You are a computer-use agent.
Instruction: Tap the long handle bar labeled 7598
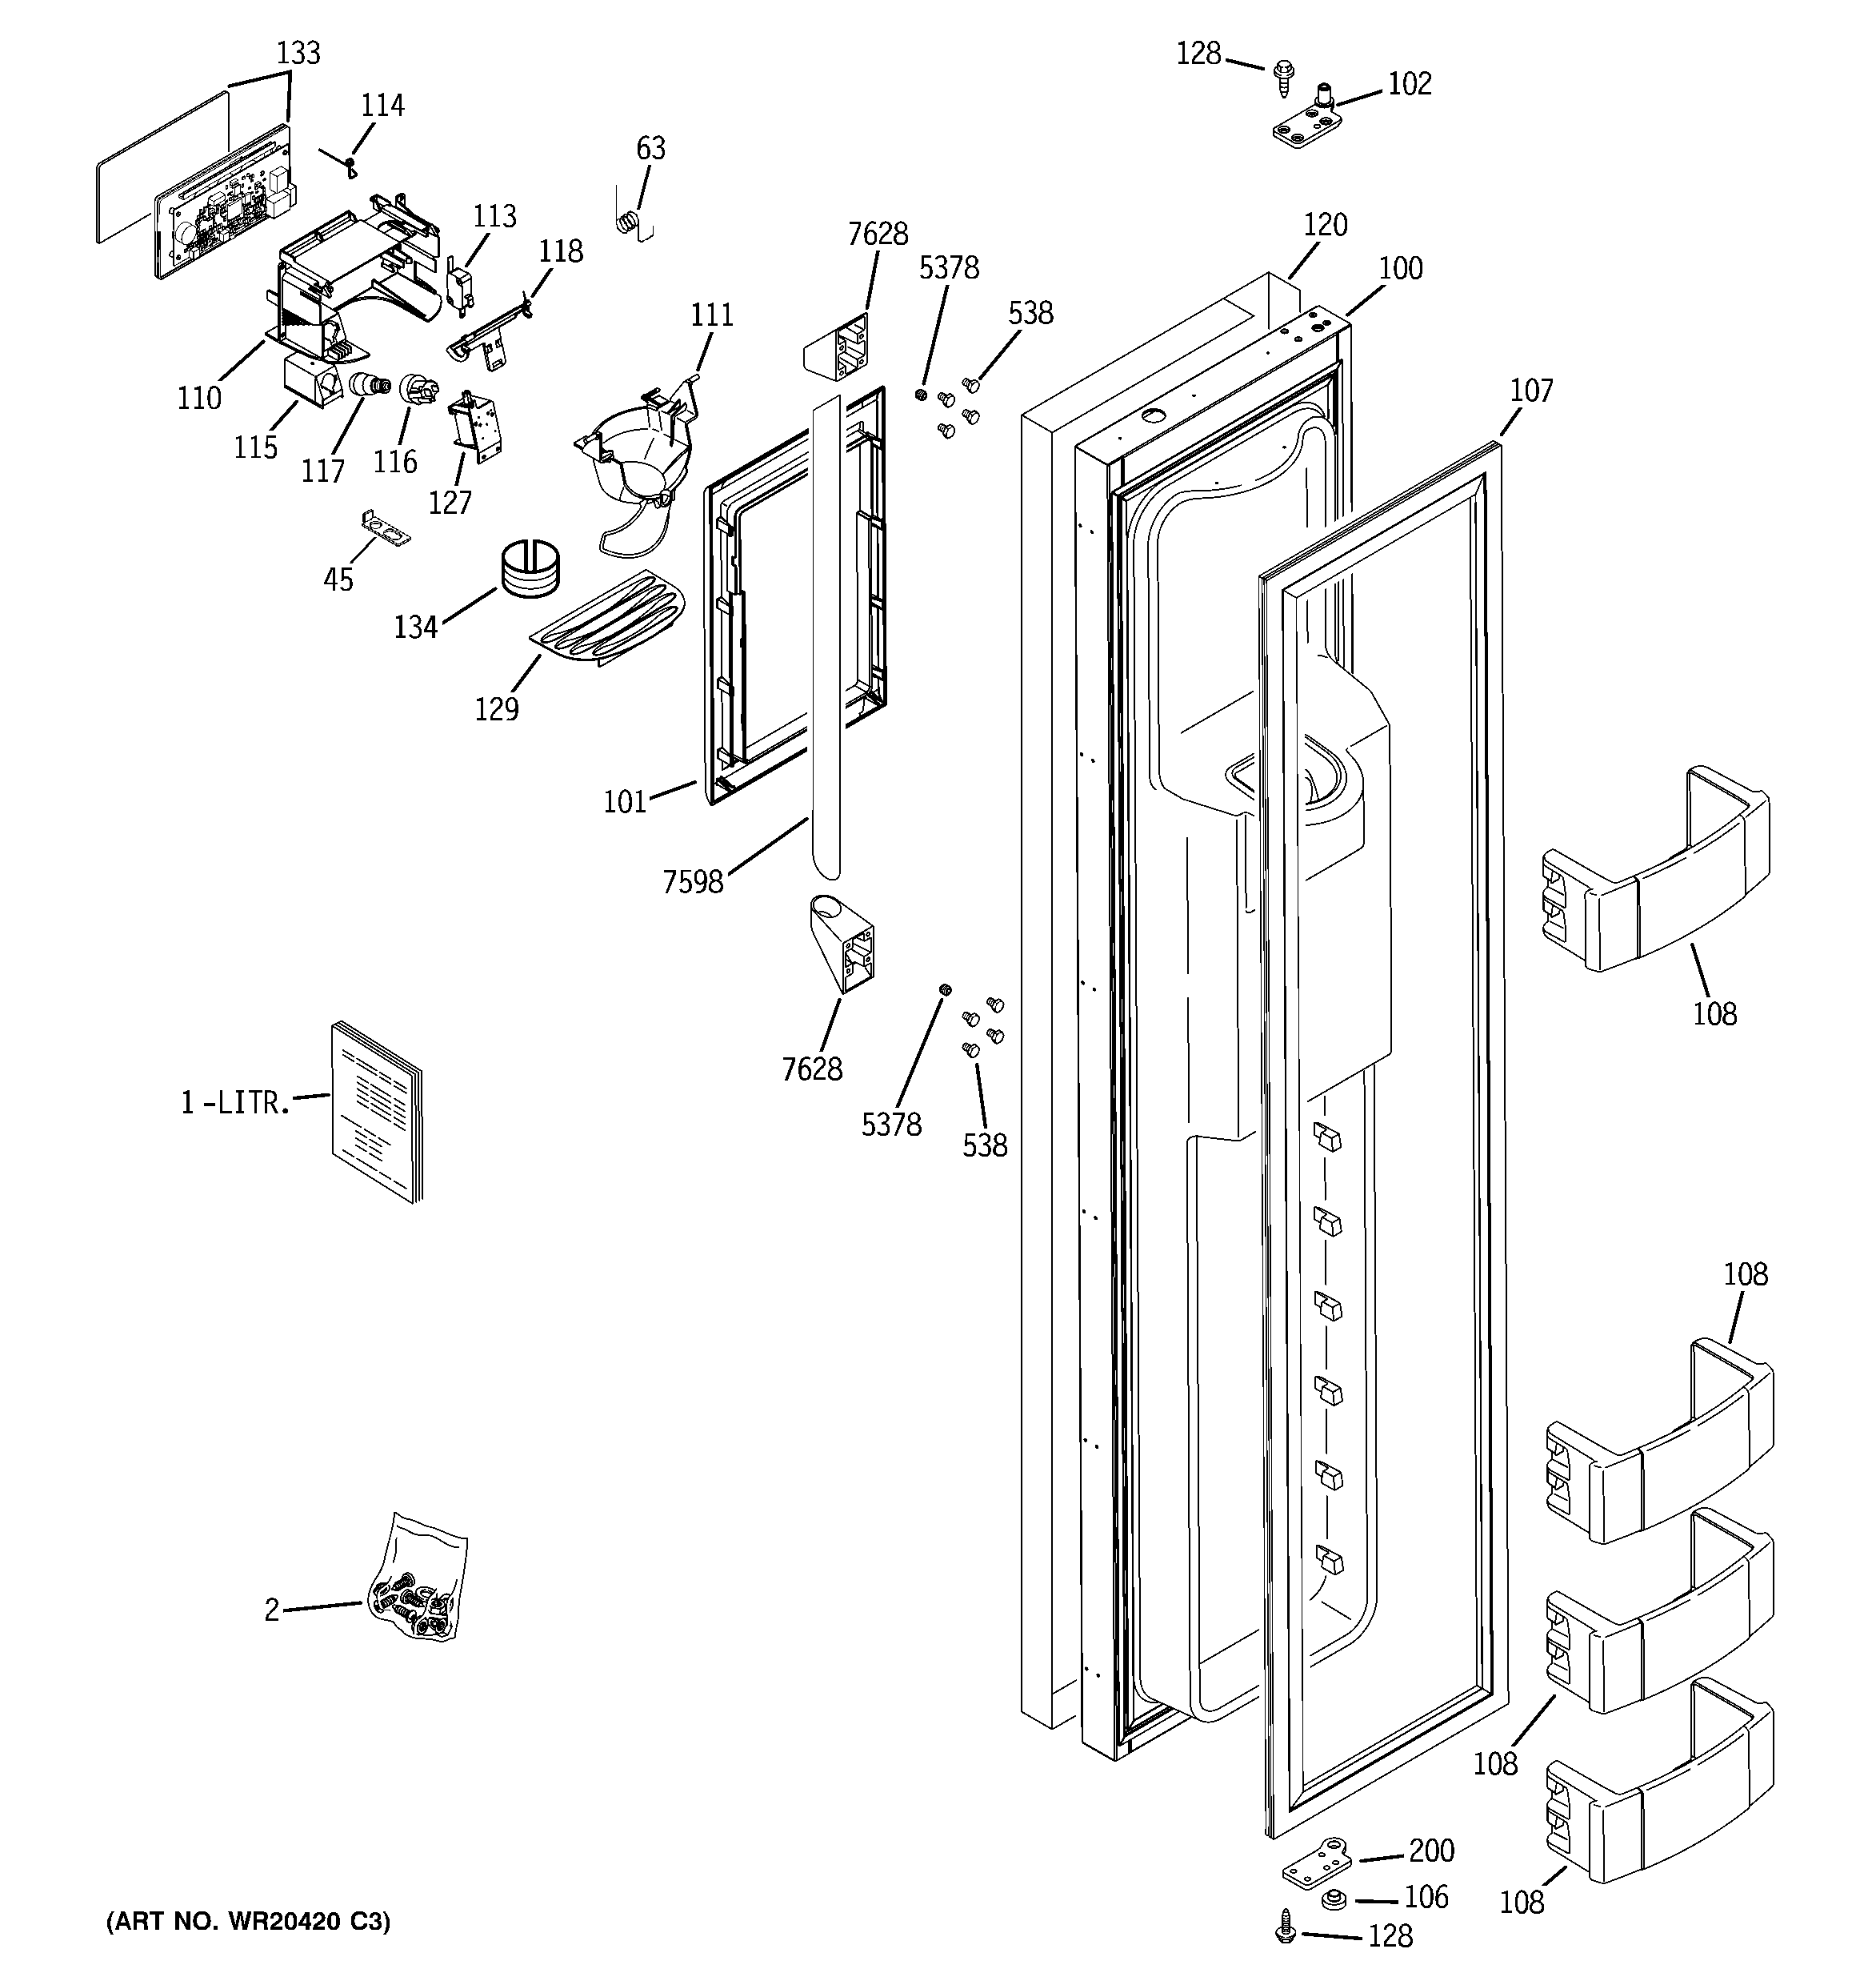(x=826, y=638)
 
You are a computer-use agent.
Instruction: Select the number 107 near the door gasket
(x=1531, y=390)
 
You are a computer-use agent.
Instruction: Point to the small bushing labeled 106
(x=1334, y=1899)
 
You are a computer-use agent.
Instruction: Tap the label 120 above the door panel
(x=1325, y=225)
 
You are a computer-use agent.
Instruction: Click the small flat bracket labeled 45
(x=386, y=527)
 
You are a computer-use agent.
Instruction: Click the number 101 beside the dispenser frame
(x=625, y=801)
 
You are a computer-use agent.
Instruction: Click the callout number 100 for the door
(x=1401, y=268)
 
